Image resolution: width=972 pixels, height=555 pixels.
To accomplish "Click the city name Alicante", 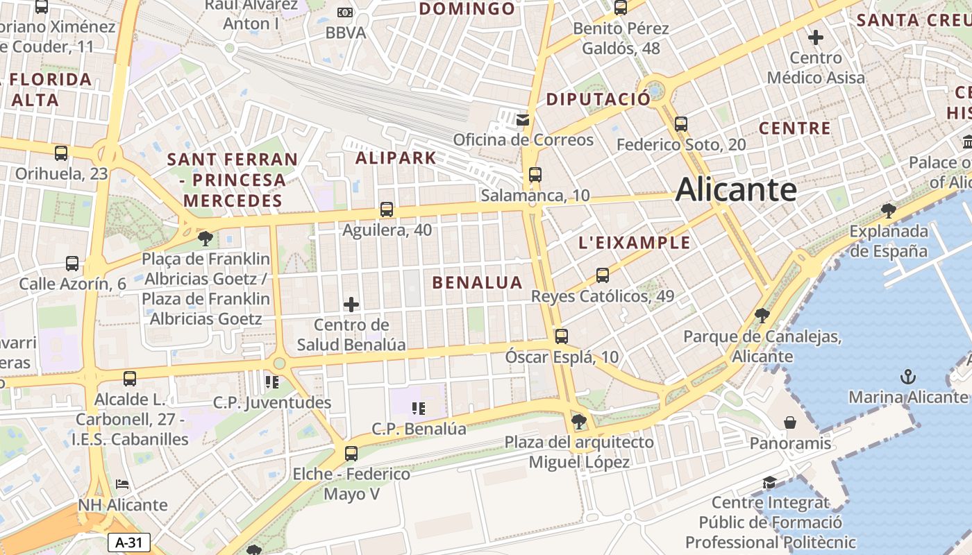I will tap(736, 189).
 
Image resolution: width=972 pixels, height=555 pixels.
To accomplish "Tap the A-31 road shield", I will tap(129, 543).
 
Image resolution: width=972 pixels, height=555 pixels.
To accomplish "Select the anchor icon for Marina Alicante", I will tap(908, 377).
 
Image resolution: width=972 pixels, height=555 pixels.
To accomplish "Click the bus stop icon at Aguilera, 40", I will tap(387, 210).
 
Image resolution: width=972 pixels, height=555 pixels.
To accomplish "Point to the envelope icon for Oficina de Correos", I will tap(523, 120).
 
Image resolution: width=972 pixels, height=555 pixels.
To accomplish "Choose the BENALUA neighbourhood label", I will tap(477, 282).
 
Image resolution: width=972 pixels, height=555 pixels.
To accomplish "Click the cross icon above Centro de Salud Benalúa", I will tap(351, 304).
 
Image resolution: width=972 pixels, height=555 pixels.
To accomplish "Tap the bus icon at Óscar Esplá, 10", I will tap(561, 336).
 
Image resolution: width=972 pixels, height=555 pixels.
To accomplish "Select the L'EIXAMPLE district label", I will tap(635, 243).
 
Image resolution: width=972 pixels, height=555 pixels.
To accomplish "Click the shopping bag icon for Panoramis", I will tap(790, 422).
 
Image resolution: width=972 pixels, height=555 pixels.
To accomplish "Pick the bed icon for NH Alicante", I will tap(122, 484).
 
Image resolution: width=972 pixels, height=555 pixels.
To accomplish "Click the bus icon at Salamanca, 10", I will tap(535, 175).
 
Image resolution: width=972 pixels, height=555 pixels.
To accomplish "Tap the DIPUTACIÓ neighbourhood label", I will tap(598, 99).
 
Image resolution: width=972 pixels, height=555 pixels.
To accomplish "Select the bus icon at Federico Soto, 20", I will tap(680, 124).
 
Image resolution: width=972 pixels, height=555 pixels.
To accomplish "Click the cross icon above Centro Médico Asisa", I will tap(816, 37).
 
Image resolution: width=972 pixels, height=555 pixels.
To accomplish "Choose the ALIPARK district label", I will tap(396, 158).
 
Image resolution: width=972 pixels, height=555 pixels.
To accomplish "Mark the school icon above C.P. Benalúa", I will tap(418, 408).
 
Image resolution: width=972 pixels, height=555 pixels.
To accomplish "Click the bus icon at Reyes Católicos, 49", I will tap(602, 275).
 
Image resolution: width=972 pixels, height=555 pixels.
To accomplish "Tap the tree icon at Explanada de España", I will tap(887, 210).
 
